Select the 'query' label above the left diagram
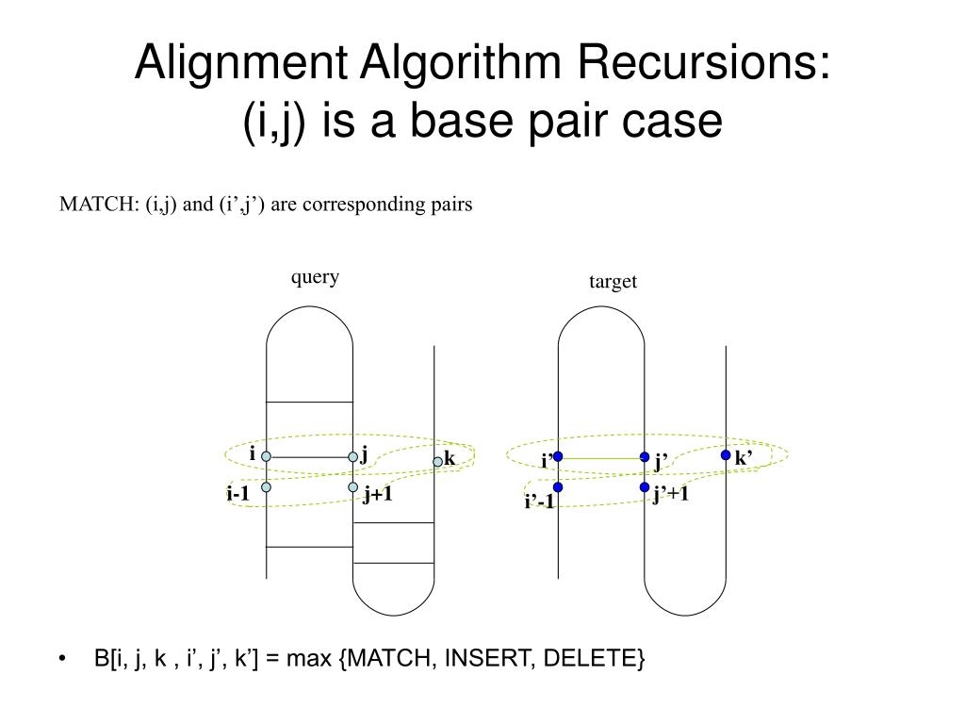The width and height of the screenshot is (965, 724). pos(315,277)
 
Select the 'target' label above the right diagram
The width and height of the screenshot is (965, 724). pos(613,282)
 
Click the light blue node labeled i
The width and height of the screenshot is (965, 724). pos(267,456)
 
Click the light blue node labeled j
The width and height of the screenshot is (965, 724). pos(353,457)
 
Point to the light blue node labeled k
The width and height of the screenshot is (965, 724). pos(437,461)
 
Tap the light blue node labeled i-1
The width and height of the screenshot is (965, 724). pos(267,487)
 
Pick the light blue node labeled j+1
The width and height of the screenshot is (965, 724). pos(353,487)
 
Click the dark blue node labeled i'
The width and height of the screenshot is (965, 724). pos(558,456)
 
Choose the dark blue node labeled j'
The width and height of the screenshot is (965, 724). pos(645,457)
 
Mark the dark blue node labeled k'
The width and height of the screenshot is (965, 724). pos(726,454)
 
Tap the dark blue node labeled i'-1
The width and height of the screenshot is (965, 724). pos(558,487)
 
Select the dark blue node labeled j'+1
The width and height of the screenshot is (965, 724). pos(645,487)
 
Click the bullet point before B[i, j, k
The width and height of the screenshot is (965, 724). pos(62,659)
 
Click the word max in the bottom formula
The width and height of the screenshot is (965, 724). pos(311,659)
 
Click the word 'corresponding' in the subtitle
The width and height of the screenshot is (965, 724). pos(353,205)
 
